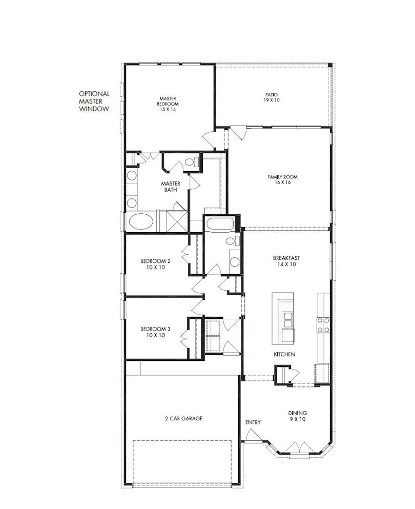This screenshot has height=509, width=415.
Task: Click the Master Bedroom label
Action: coord(168,104)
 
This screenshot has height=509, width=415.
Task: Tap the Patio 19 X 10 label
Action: coord(271,97)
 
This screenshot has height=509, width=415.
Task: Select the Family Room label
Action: coord(282,179)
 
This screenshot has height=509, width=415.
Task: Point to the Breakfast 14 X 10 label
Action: coord(286,261)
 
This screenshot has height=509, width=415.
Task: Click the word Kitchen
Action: coord(284,354)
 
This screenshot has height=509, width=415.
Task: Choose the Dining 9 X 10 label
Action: coord(298,416)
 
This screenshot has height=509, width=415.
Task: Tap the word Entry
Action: coord(253,422)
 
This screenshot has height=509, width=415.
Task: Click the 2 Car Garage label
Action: coord(183,418)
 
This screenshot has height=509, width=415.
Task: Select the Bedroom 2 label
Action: coord(155,264)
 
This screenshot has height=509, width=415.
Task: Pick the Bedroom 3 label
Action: coord(155,332)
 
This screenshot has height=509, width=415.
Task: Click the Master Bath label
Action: coord(170,187)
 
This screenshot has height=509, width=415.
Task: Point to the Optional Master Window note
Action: coord(94,101)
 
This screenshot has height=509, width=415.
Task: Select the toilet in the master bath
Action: coord(192,162)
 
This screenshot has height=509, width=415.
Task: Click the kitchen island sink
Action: coord(287,319)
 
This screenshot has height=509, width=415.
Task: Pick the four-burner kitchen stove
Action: coord(323,325)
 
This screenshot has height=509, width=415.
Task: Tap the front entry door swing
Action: coord(253,435)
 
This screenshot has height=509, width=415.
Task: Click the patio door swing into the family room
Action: coord(238,133)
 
